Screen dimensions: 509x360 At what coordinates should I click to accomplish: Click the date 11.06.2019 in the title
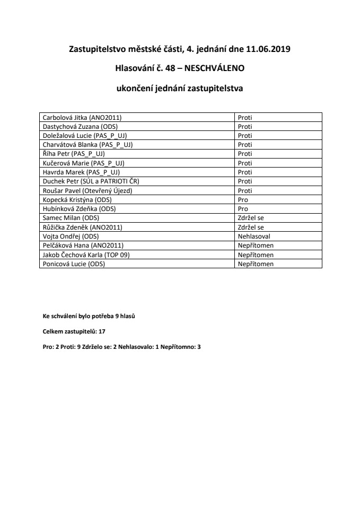coord(268,49)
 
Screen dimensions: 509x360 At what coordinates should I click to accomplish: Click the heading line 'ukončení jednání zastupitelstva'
coord(180,89)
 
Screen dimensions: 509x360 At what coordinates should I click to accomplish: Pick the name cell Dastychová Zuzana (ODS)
coord(80,127)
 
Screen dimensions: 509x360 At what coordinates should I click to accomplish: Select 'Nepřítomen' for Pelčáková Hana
coord(256,245)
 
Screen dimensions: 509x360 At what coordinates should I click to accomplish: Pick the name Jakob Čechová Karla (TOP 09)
coord(86,254)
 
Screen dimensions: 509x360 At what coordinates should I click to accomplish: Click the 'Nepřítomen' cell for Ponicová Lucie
coord(256,264)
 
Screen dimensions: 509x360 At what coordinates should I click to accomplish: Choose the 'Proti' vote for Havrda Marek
coord(245,172)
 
